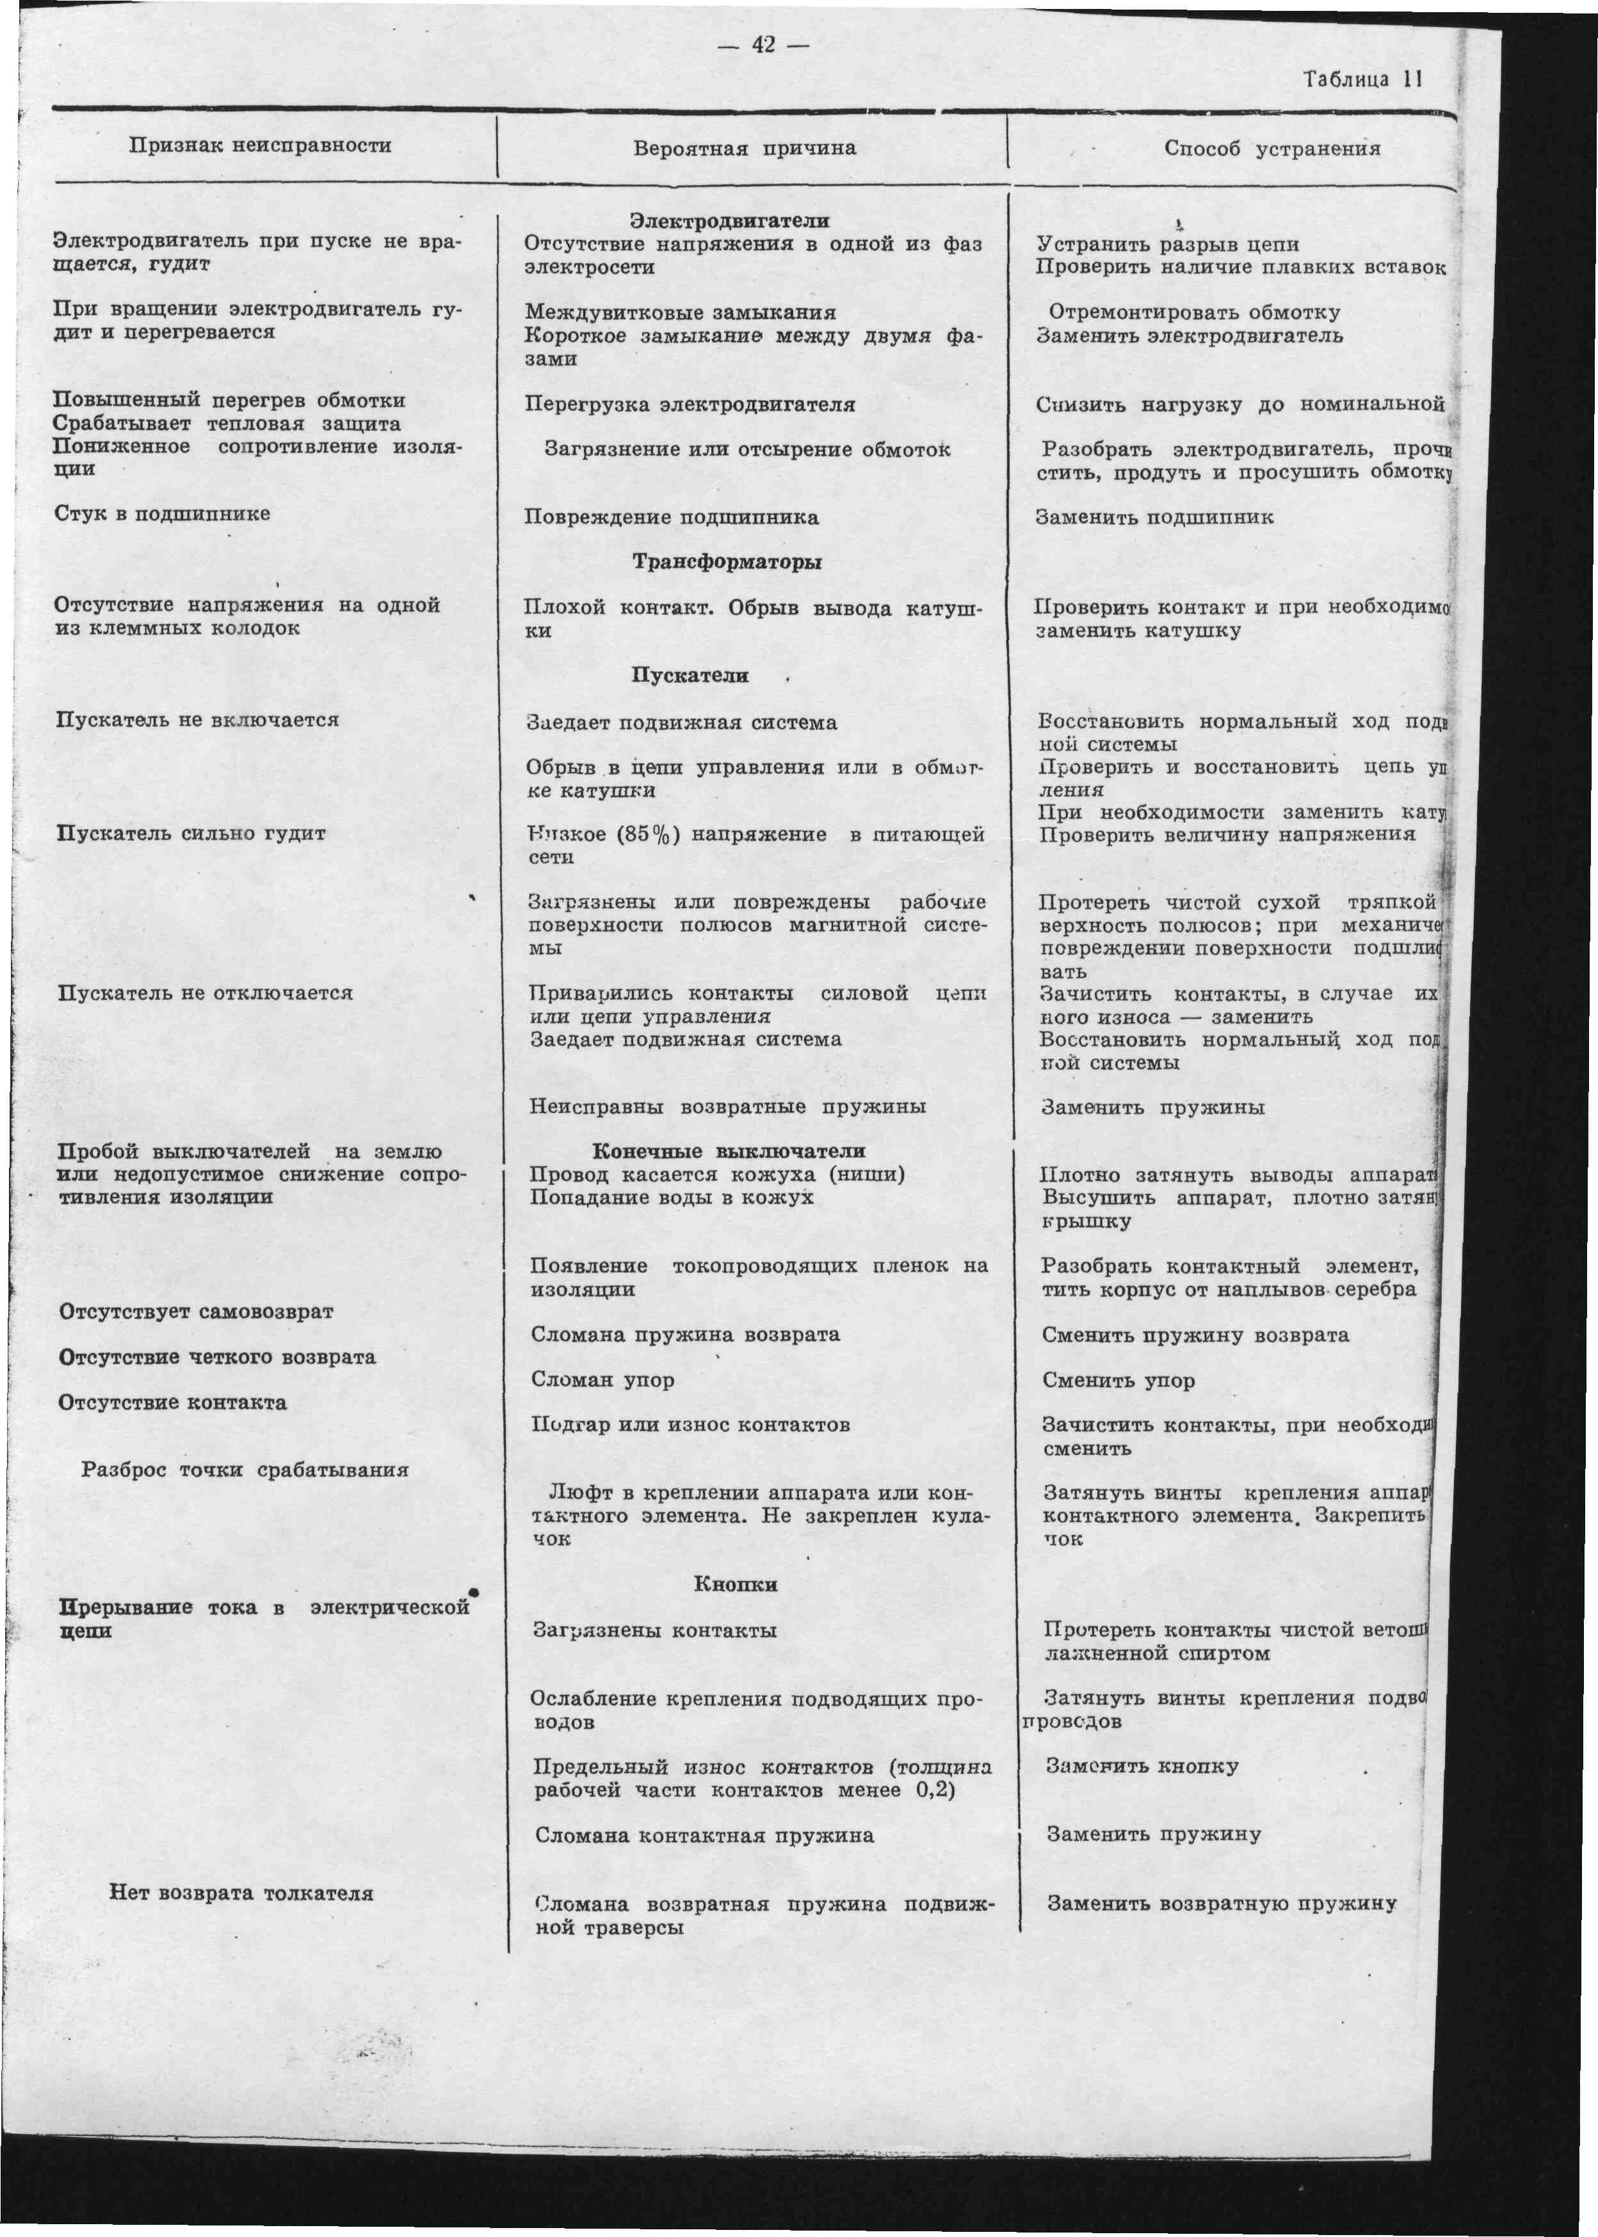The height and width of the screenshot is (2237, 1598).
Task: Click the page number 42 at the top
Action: pos(764,44)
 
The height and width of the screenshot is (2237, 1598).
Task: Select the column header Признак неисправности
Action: pos(261,145)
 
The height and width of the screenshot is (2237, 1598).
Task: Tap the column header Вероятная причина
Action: pos(744,148)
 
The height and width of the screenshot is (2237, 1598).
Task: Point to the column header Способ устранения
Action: pos(1271,148)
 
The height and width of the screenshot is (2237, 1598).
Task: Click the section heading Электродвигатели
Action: pos(729,221)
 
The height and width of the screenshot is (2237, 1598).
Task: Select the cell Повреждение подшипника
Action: pos(671,517)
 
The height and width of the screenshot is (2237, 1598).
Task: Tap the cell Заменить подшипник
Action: pos(1154,517)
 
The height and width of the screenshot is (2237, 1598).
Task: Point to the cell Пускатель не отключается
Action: pos(205,993)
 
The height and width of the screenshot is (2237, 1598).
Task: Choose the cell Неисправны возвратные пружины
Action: pos(727,1107)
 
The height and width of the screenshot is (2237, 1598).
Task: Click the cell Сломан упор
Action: pos(602,1380)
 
